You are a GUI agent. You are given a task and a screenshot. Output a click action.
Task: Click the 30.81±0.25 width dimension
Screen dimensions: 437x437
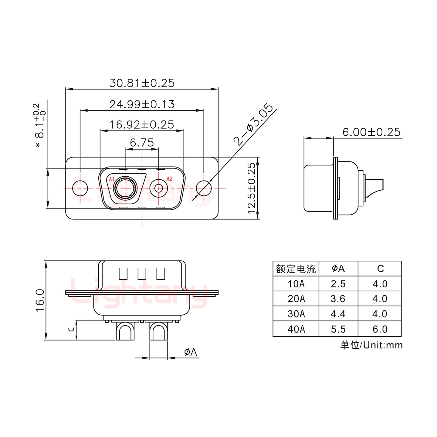click(142, 83)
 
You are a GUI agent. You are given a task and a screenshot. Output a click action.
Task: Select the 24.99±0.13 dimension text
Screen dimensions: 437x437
click(142, 104)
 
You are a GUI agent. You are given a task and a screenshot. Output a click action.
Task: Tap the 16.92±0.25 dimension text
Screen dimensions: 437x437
click(142, 124)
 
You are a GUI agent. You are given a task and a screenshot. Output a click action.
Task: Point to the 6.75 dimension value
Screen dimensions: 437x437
click(142, 142)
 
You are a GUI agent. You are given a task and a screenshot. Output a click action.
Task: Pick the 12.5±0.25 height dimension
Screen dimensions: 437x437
click(252, 188)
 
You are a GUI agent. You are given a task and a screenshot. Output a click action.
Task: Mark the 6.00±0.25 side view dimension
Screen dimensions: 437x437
click(371, 132)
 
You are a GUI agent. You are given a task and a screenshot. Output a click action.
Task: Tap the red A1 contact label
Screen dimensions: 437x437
click(112, 179)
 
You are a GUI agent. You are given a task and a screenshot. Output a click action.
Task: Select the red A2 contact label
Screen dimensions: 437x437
click(169, 179)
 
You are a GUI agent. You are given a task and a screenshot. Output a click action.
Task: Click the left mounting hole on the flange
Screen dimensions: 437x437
click(80, 188)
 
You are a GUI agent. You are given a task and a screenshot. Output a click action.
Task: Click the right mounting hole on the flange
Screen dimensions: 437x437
click(204, 188)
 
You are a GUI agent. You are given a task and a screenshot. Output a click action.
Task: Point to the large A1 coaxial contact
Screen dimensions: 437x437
click(125, 188)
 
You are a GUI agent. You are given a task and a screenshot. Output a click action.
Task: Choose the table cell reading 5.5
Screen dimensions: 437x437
click(338, 329)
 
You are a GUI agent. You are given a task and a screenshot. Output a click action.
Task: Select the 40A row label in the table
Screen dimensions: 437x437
click(296, 329)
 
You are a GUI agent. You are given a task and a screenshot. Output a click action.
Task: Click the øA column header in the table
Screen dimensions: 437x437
click(338, 268)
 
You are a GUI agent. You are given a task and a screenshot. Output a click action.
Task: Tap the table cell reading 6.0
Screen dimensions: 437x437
click(380, 329)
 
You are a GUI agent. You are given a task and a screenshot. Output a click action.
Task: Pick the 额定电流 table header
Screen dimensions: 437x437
click(296, 269)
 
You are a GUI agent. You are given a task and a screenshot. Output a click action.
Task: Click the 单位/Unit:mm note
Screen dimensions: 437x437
click(371, 345)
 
